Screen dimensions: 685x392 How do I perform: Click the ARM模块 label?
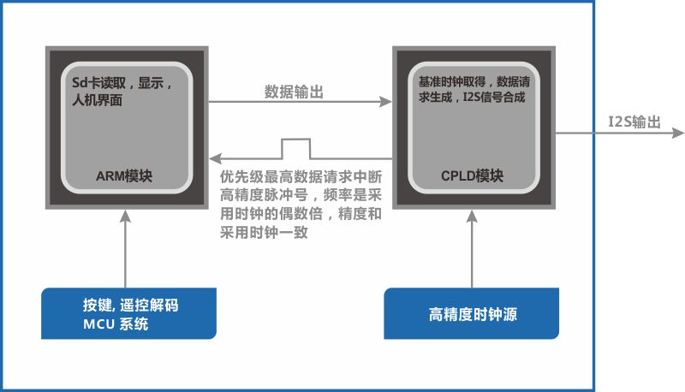[x=124, y=176]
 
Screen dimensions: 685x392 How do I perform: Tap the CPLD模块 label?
[x=473, y=176]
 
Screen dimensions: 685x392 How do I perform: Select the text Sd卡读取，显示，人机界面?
[x=122, y=92]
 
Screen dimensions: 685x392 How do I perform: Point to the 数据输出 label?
[x=294, y=92]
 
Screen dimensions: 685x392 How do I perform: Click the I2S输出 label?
[x=634, y=122]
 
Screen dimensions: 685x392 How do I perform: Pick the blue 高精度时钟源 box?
[x=472, y=313]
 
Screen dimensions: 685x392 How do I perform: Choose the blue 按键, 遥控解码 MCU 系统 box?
[x=129, y=313]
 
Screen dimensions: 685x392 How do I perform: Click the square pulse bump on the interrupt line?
[x=296, y=149]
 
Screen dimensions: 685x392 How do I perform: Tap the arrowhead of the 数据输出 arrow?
[x=385, y=102]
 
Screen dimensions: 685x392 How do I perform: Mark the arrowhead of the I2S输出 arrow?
[x=678, y=133]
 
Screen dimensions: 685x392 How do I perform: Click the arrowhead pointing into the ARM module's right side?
[x=216, y=158]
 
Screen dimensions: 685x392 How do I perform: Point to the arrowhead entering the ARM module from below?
[x=125, y=216]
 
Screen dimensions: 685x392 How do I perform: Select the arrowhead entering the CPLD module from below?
[x=472, y=216]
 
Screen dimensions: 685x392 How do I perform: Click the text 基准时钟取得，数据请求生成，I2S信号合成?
[x=474, y=89]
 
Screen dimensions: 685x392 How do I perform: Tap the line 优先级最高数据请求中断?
[x=301, y=177]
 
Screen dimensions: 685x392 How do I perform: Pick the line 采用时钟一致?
[x=264, y=232]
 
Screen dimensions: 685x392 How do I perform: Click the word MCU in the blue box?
[x=98, y=324]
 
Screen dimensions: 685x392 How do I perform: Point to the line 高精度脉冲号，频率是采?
[x=301, y=195]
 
